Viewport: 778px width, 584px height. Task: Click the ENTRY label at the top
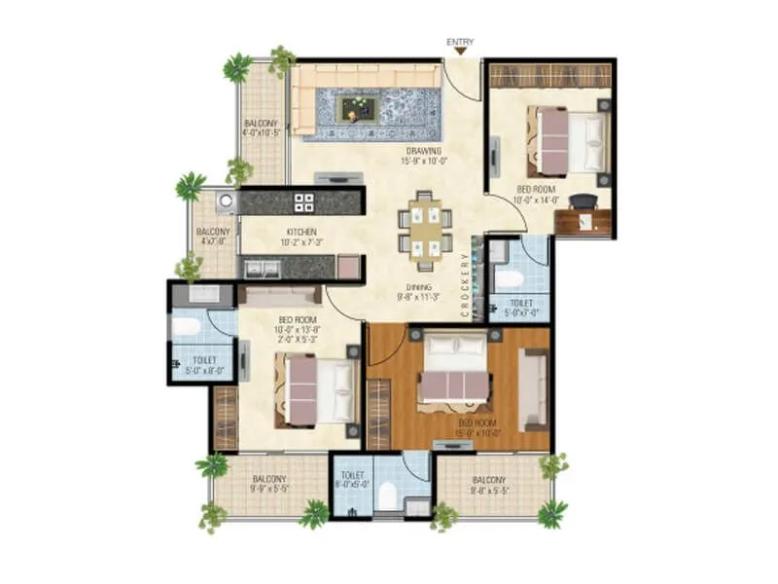pyautogui.click(x=460, y=42)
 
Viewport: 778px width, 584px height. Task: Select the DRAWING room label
pyautogui.click(x=424, y=156)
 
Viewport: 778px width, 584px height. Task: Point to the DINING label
pyautogui.click(x=419, y=293)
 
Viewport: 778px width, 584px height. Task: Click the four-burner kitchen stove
pyautogui.click(x=304, y=202)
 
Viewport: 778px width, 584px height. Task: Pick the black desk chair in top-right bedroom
pyautogui.click(x=583, y=201)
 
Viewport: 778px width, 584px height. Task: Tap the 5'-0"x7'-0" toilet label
pyautogui.click(x=515, y=308)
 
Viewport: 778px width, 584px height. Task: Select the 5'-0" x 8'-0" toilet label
pyautogui.click(x=202, y=364)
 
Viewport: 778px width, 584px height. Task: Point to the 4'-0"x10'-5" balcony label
pyautogui.click(x=261, y=128)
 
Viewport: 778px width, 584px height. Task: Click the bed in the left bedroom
pyautogui.click(x=317, y=390)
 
